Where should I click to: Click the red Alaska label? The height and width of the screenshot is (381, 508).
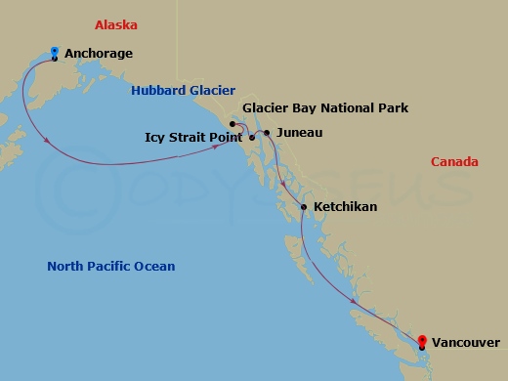[x=115, y=24]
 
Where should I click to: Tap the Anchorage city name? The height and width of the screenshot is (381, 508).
[x=98, y=54]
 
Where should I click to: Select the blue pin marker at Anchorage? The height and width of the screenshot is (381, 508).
[x=54, y=51]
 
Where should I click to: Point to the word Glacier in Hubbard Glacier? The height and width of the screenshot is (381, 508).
[x=211, y=91]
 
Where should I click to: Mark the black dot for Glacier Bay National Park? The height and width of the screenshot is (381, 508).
[x=232, y=124]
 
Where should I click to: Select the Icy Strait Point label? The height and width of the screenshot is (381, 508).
[x=193, y=138]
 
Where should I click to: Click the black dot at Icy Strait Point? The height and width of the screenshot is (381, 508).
[x=251, y=137]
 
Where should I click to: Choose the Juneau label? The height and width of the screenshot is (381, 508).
[x=299, y=132]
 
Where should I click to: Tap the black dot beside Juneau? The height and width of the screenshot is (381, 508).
[x=268, y=132]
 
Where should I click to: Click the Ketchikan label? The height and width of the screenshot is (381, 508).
[x=346, y=207]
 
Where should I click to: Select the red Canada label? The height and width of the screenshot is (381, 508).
[x=454, y=161]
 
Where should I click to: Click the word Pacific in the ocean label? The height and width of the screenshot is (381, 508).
[x=113, y=266]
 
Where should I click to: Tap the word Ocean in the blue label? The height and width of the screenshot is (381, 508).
[x=156, y=266]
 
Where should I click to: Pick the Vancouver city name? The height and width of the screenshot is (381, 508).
[x=466, y=342]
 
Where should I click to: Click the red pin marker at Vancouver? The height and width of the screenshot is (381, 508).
[x=421, y=340]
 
